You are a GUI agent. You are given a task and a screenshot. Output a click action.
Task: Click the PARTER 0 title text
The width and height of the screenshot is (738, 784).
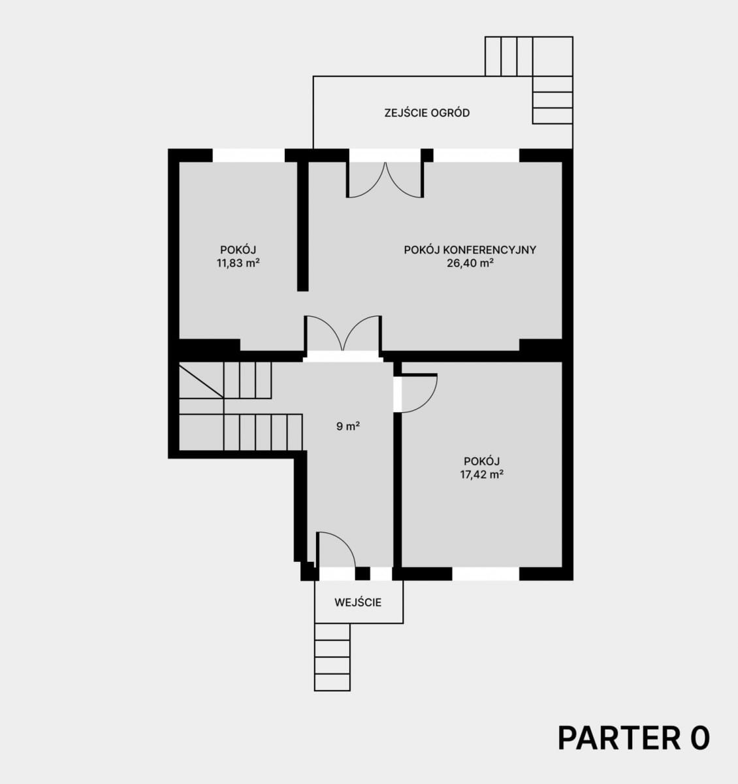pos(634,738)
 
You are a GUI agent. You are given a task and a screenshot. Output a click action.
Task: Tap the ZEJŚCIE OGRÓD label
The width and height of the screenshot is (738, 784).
pos(427,113)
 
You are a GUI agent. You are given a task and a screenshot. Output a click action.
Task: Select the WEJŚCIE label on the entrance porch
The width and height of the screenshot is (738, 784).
pos(358,602)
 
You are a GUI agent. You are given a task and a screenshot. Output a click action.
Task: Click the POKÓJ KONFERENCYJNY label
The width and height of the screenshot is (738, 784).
pos(470,250)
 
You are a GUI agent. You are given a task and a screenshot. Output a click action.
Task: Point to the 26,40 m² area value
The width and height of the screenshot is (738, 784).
pos(470,263)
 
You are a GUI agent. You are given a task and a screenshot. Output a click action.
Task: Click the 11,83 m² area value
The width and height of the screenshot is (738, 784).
pos(238,263)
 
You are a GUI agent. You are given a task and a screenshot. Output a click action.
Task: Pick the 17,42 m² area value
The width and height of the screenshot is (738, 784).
pos(482,474)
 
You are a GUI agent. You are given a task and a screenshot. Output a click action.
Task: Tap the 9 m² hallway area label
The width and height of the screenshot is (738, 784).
pos(348,427)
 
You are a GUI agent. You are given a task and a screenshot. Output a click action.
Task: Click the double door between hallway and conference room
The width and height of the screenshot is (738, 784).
pos(343,334)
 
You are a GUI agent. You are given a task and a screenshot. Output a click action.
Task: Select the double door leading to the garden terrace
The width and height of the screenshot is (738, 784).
pos(385,180)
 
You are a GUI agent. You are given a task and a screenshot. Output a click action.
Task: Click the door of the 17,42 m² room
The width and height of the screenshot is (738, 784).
pos(419,393)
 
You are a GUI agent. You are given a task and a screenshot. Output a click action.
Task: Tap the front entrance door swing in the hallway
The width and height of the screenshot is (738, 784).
pos(336,549)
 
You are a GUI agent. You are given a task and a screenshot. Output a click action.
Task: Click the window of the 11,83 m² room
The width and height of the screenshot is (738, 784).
pos(249,155)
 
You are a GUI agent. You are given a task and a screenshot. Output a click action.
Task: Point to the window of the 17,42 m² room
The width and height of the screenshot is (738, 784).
pos(485,574)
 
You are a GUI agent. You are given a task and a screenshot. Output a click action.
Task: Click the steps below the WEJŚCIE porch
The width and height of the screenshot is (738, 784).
pos(332,657)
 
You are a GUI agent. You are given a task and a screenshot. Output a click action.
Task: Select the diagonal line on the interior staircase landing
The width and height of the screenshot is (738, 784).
pos(201,382)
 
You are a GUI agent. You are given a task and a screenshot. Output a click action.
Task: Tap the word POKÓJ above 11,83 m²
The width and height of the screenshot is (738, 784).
pos(238,250)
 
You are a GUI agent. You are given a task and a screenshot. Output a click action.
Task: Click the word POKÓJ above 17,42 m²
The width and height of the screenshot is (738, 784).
pos(482,461)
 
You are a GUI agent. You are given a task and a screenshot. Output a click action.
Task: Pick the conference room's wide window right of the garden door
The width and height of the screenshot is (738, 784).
pos(476,155)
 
